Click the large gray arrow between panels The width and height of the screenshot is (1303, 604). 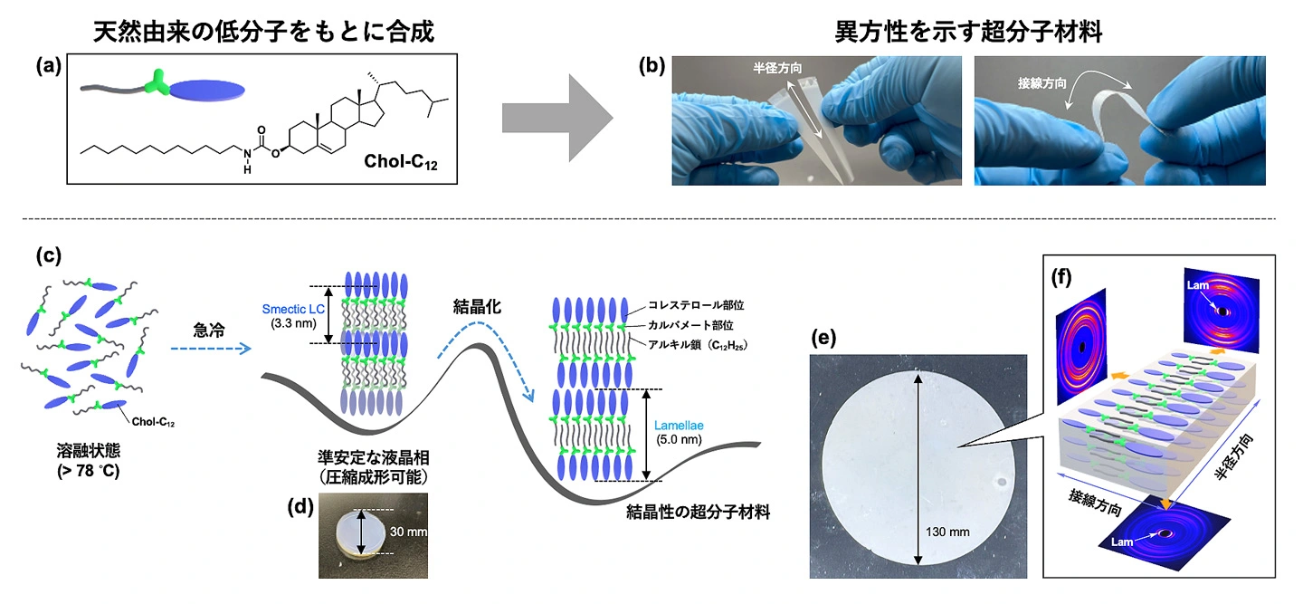pyautogui.click(x=557, y=118)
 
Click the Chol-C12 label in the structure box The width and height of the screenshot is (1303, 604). pyautogui.click(x=400, y=161)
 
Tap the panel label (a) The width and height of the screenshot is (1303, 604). pyautogui.click(x=49, y=66)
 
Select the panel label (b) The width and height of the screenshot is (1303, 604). pyautogui.click(x=651, y=66)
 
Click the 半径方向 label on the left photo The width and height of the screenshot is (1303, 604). pyautogui.click(x=777, y=68)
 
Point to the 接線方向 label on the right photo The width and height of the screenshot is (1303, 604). pyautogui.click(x=1041, y=83)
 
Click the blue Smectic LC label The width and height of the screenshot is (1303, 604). pyautogui.click(x=293, y=309)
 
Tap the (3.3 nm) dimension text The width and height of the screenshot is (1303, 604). pyautogui.click(x=293, y=323)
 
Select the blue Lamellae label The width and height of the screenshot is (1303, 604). pyautogui.click(x=679, y=426)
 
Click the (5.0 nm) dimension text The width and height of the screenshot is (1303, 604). pyautogui.click(x=679, y=440)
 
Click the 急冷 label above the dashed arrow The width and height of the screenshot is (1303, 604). pyautogui.click(x=209, y=331)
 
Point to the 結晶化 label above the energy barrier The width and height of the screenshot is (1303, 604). pyautogui.click(x=477, y=307)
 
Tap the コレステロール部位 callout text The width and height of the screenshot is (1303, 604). pyautogui.click(x=696, y=305)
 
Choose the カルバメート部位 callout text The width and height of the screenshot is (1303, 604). pyautogui.click(x=690, y=325)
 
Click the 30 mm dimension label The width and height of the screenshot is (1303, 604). pyautogui.click(x=408, y=532)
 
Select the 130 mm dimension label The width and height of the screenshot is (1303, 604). pyautogui.click(x=947, y=532)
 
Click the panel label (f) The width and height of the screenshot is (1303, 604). pyautogui.click(x=1061, y=278)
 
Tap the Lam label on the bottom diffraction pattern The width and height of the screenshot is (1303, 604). pyautogui.click(x=1122, y=542)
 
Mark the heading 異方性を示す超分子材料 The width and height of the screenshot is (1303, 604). pyautogui.click(x=968, y=32)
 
